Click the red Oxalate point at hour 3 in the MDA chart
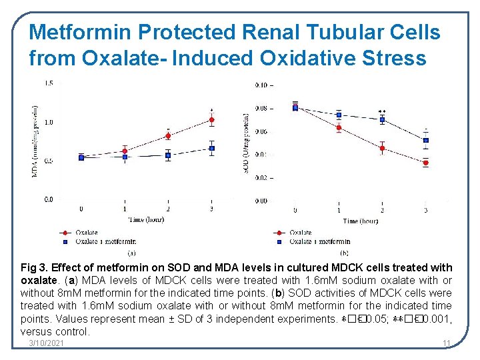click(x=211, y=120)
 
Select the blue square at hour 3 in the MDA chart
click(x=211, y=148)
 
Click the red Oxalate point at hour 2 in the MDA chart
click(x=168, y=135)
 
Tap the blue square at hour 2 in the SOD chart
click(x=382, y=120)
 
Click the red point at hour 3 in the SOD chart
click(x=425, y=163)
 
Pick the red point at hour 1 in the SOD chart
click(x=339, y=127)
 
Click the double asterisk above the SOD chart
click(x=382, y=111)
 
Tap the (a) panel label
click(x=131, y=252)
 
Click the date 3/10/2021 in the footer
click(x=47, y=343)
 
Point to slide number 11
click(x=447, y=343)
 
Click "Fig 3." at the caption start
click(x=33, y=267)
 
